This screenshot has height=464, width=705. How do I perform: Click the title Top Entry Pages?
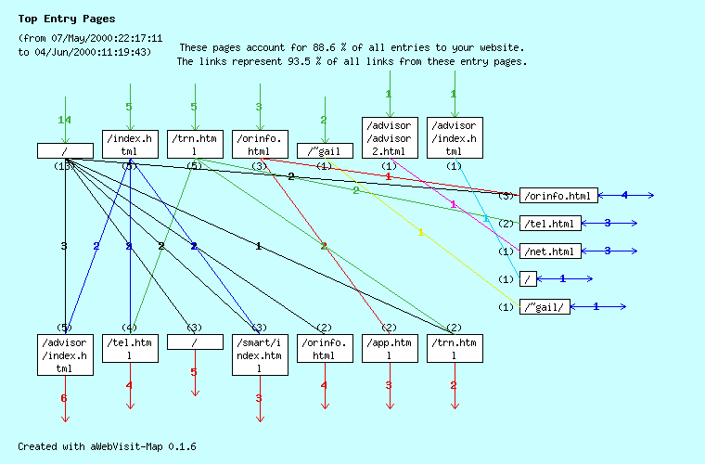click(x=67, y=19)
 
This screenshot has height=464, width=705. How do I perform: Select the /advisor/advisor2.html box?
click(x=390, y=138)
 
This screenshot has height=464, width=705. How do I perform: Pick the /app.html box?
click(x=390, y=348)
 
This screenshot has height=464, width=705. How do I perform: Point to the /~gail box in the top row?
click(x=325, y=150)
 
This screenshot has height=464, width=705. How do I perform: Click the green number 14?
click(x=64, y=121)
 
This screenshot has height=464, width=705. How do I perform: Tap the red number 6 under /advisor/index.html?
click(x=64, y=398)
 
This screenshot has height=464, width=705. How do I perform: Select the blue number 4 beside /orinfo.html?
click(x=624, y=195)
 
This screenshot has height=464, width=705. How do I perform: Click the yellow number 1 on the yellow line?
click(x=420, y=232)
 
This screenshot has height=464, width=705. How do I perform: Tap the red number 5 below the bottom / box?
click(x=194, y=372)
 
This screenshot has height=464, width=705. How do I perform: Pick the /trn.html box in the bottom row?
click(x=455, y=348)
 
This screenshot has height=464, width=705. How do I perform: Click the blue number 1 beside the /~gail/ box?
click(x=596, y=306)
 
